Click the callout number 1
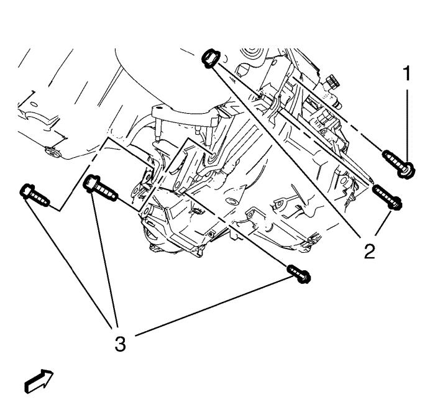point(406,73)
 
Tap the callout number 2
point(369,252)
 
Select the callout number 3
point(120,344)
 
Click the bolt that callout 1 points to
point(399,164)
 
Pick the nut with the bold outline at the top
point(210,58)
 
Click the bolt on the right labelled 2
point(387,197)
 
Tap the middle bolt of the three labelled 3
point(100,188)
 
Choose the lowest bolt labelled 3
point(298,274)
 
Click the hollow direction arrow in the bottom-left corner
point(39,381)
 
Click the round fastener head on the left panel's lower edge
point(53,153)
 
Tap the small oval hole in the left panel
point(34,104)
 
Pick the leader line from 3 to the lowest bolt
point(211,306)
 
